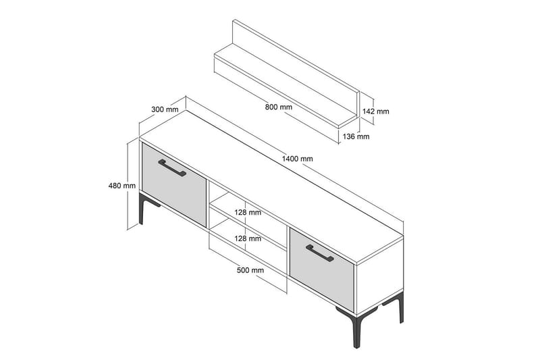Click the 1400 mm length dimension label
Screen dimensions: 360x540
click(298, 159)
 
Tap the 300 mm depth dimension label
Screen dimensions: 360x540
click(165, 109)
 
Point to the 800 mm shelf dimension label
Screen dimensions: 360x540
click(279, 107)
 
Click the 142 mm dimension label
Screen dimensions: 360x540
click(376, 111)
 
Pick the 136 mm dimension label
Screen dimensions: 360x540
click(356, 136)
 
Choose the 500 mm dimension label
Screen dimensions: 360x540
click(251, 270)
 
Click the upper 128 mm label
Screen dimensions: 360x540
click(248, 212)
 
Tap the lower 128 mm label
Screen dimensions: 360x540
click(248, 238)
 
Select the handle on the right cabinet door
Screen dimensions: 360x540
click(320, 252)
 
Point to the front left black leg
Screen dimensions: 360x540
click(142, 209)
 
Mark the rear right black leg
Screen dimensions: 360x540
click(401, 309)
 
